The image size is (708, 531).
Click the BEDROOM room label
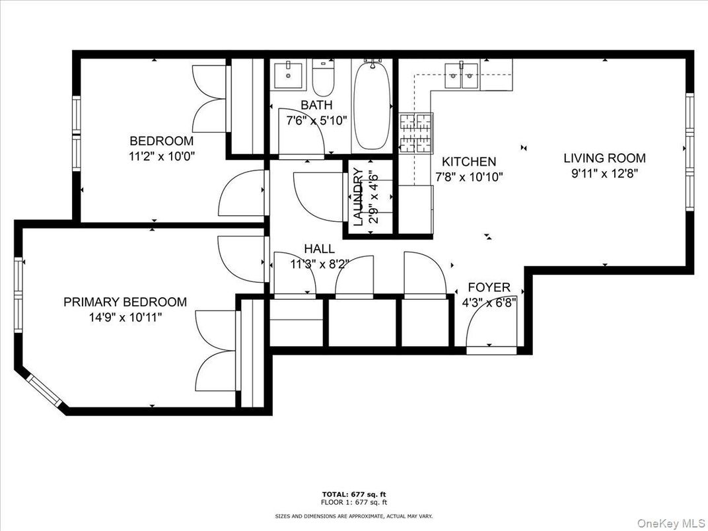(161, 141)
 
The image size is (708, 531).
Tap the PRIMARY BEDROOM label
(125, 302)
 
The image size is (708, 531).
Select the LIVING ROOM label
(604, 159)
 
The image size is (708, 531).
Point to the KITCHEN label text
(468, 162)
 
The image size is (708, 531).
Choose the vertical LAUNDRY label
(358, 197)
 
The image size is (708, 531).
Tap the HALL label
(319, 249)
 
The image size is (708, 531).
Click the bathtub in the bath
(371, 106)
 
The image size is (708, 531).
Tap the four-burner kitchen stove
(415, 134)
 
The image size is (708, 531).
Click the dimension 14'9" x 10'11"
(125, 317)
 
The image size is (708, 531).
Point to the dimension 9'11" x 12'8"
(604, 174)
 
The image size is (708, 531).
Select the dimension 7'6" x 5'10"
(316, 121)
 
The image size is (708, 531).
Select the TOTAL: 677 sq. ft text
(354, 493)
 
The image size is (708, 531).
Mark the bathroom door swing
(301, 132)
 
